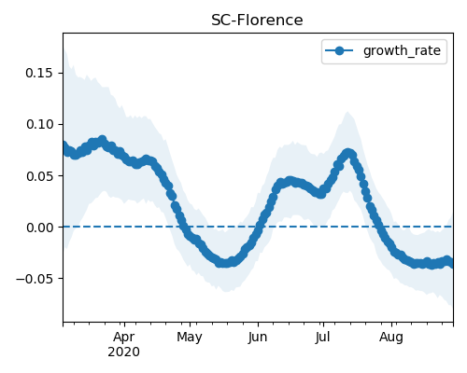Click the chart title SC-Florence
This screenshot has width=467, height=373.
click(x=257, y=21)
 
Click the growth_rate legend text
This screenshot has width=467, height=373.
click(x=402, y=51)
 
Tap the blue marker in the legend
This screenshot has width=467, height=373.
click(x=339, y=50)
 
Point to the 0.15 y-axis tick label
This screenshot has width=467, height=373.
click(x=39, y=73)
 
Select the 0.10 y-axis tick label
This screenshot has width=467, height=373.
click(x=39, y=124)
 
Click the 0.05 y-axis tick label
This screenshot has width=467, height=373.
click(x=39, y=176)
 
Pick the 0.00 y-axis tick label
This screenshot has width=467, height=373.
click(x=39, y=228)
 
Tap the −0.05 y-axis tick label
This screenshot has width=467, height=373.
click(x=35, y=279)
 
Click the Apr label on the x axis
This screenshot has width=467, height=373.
click(x=123, y=337)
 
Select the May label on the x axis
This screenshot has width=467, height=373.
click(x=190, y=337)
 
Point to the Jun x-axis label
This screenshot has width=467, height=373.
click(x=258, y=337)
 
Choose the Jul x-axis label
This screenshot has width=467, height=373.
click(x=322, y=337)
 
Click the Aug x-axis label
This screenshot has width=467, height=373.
click(x=391, y=337)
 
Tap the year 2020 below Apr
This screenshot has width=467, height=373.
click(x=123, y=352)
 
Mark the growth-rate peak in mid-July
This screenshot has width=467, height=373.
click(x=348, y=153)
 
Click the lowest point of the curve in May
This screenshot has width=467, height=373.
click(x=225, y=263)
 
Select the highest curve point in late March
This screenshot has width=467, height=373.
click(x=102, y=140)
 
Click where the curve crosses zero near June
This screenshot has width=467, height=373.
click(x=259, y=227)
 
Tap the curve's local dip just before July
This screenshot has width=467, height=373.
click(x=320, y=194)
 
